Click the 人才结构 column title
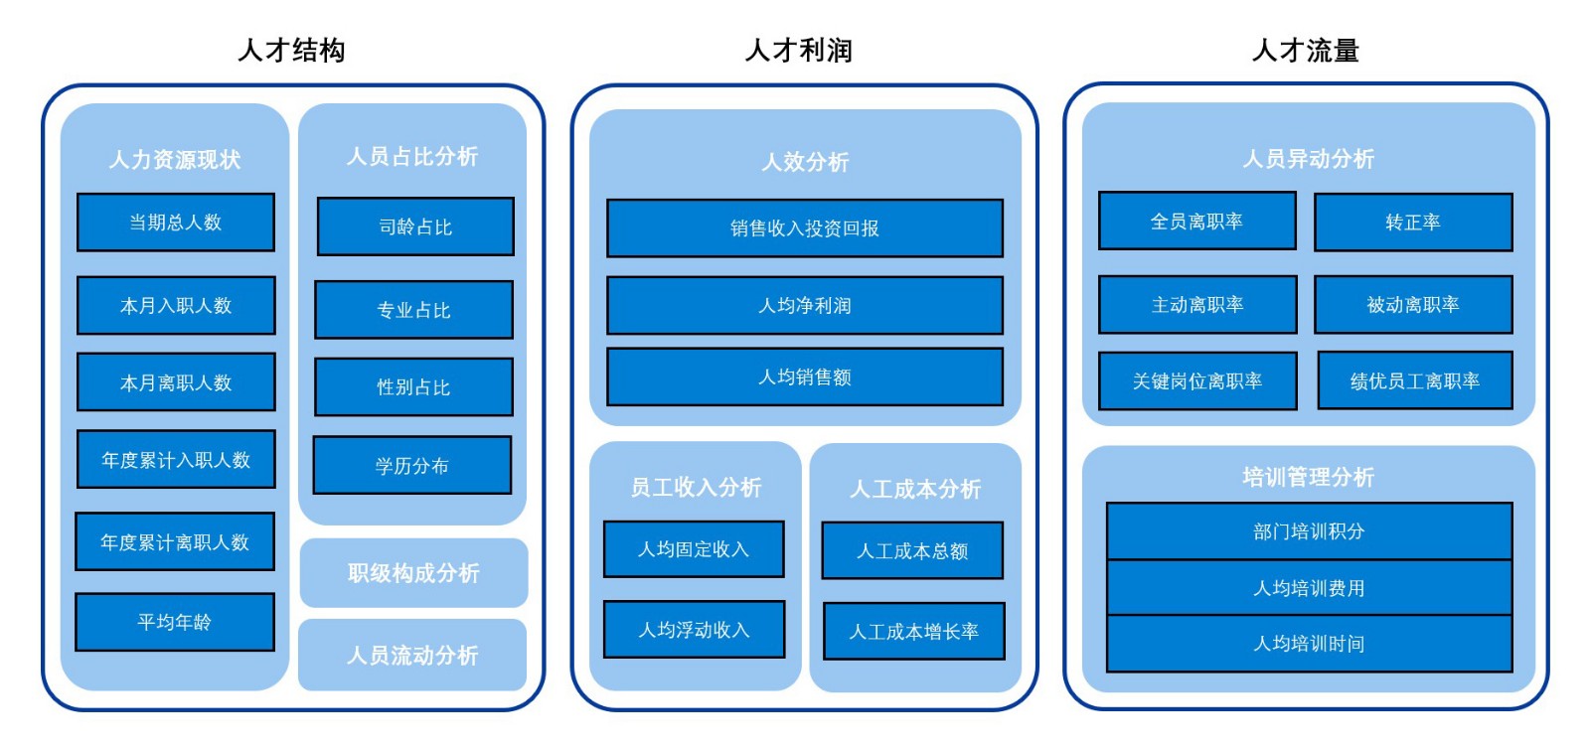pyautogui.click(x=291, y=50)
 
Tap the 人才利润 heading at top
pyautogui.click(x=798, y=50)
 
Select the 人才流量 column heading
pyautogui.click(x=1305, y=50)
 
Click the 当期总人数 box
pyautogui.click(x=176, y=223)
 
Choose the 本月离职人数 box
pyautogui.click(x=176, y=382)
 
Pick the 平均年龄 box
pyautogui.click(x=175, y=622)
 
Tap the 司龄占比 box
pyautogui.click(x=415, y=226)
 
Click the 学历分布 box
pyautogui.click(x=412, y=465)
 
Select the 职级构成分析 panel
pyautogui.click(x=413, y=573)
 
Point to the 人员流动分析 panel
pyautogui.click(x=412, y=655)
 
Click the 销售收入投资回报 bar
pyautogui.click(x=805, y=228)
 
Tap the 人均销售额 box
pyautogui.click(x=805, y=376)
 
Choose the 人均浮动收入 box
pyautogui.click(x=694, y=629)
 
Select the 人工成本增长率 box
pyautogui.click(x=913, y=631)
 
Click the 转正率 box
pyautogui.click(x=1412, y=223)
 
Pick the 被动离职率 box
pyautogui.click(x=1412, y=304)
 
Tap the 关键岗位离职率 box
pyautogui.click(x=1197, y=380)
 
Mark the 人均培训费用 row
pyautogui.click(x=1309, y=588)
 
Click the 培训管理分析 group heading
pyautogui.click(x=1308, y=477)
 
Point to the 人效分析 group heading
pyautogui.click(x=805, y=162)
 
